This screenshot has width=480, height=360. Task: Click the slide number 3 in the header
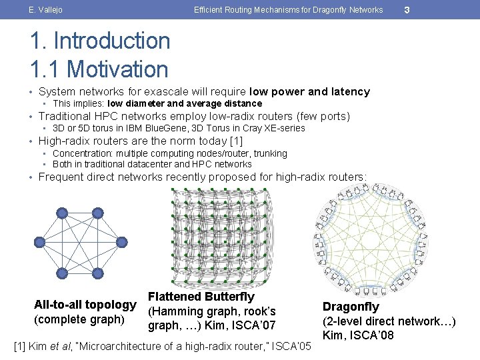(x=407, y=9)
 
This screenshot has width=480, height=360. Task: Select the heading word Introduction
(x=111, y=41)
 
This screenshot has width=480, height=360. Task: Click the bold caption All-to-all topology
(x=85, y=305)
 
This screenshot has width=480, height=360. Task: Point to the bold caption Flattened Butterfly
(x=201, y=297)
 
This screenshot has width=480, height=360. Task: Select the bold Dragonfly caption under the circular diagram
(x=351, y=307)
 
